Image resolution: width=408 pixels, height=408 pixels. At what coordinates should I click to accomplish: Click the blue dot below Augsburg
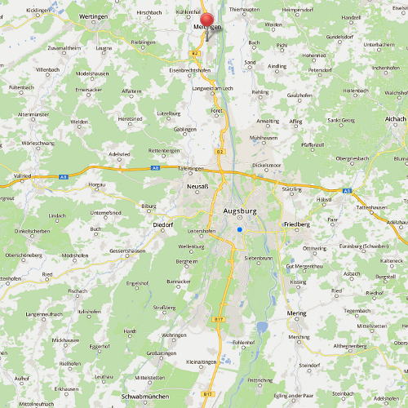[x=240, y=230]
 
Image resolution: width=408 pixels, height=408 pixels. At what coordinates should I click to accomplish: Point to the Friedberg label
[x=296, y=224]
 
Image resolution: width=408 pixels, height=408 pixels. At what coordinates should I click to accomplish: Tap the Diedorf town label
[x=163, y=224]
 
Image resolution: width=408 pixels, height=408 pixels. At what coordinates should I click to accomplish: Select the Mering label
[x=297, y=313]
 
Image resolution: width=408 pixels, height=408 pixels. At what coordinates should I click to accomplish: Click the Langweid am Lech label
[x=213, y=86]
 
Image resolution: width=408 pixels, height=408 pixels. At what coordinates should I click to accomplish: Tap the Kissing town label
[x=297, y=282]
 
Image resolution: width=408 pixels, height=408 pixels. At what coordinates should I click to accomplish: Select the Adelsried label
[x=119, y=153]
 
